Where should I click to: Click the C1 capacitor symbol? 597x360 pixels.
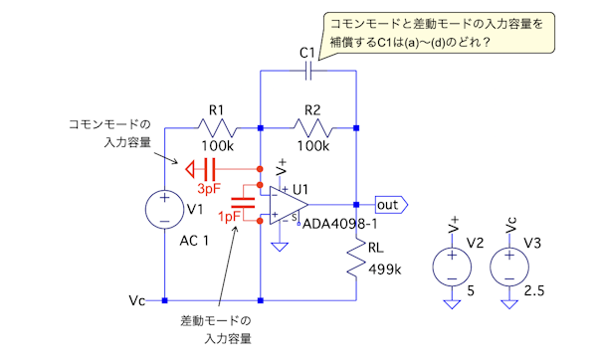308,71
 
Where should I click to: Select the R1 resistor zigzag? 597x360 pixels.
218,128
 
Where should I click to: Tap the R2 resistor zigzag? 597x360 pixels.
313,128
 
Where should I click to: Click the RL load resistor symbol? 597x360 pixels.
356,259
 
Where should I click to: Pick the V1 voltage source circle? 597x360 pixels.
164,209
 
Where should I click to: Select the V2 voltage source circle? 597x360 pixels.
452,267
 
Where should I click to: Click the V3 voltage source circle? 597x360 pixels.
509,267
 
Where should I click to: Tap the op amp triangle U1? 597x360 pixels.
289,205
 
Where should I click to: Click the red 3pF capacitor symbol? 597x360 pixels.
210,169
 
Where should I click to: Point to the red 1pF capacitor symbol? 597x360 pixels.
243,203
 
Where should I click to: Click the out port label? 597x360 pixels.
391,205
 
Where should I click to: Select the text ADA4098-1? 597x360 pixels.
339,224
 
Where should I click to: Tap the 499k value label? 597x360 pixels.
384,270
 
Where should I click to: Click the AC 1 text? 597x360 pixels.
194,241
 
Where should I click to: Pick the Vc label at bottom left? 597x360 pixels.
136,300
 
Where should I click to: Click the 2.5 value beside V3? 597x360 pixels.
533,291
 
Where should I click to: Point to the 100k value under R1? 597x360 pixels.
217,146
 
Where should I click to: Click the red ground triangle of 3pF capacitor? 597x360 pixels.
190,169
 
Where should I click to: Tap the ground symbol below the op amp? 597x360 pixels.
280,247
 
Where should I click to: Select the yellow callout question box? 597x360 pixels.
438,33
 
